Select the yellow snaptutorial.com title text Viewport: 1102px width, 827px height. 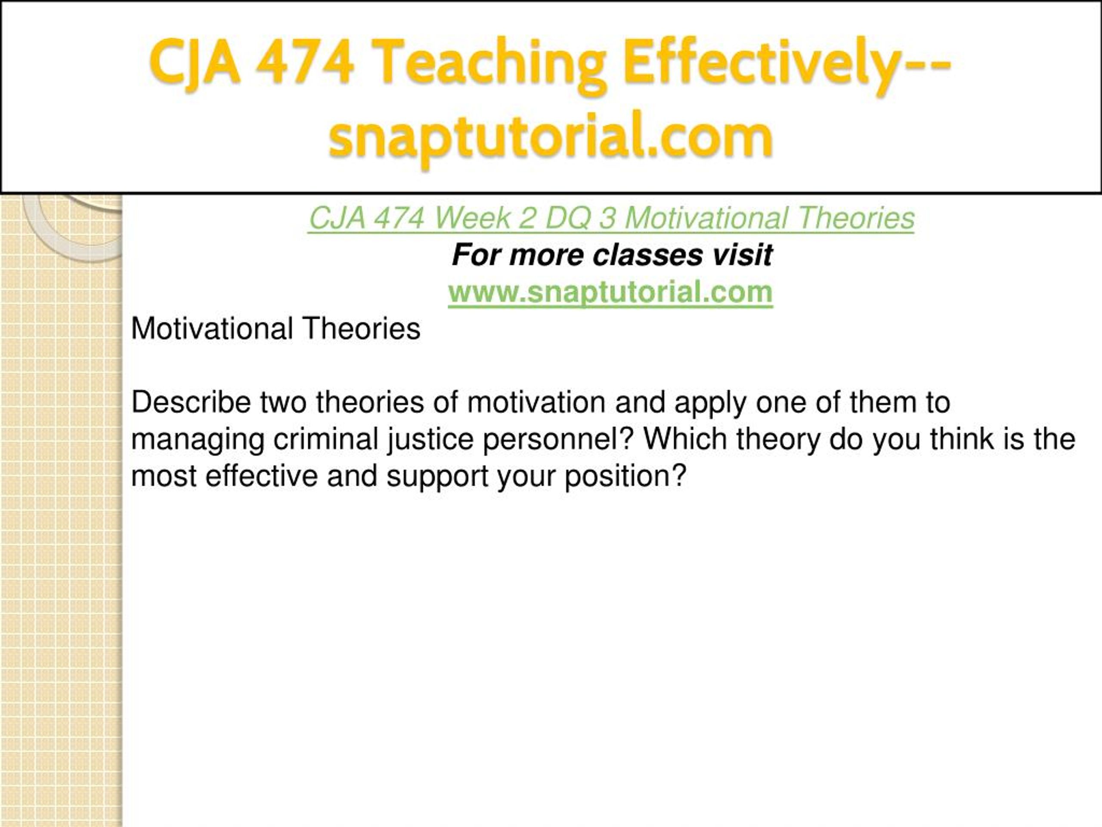[551, 137]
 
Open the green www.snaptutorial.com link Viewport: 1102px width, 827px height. [610, 292]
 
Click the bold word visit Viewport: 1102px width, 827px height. [742, 255]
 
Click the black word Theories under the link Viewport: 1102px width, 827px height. [362, 329]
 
